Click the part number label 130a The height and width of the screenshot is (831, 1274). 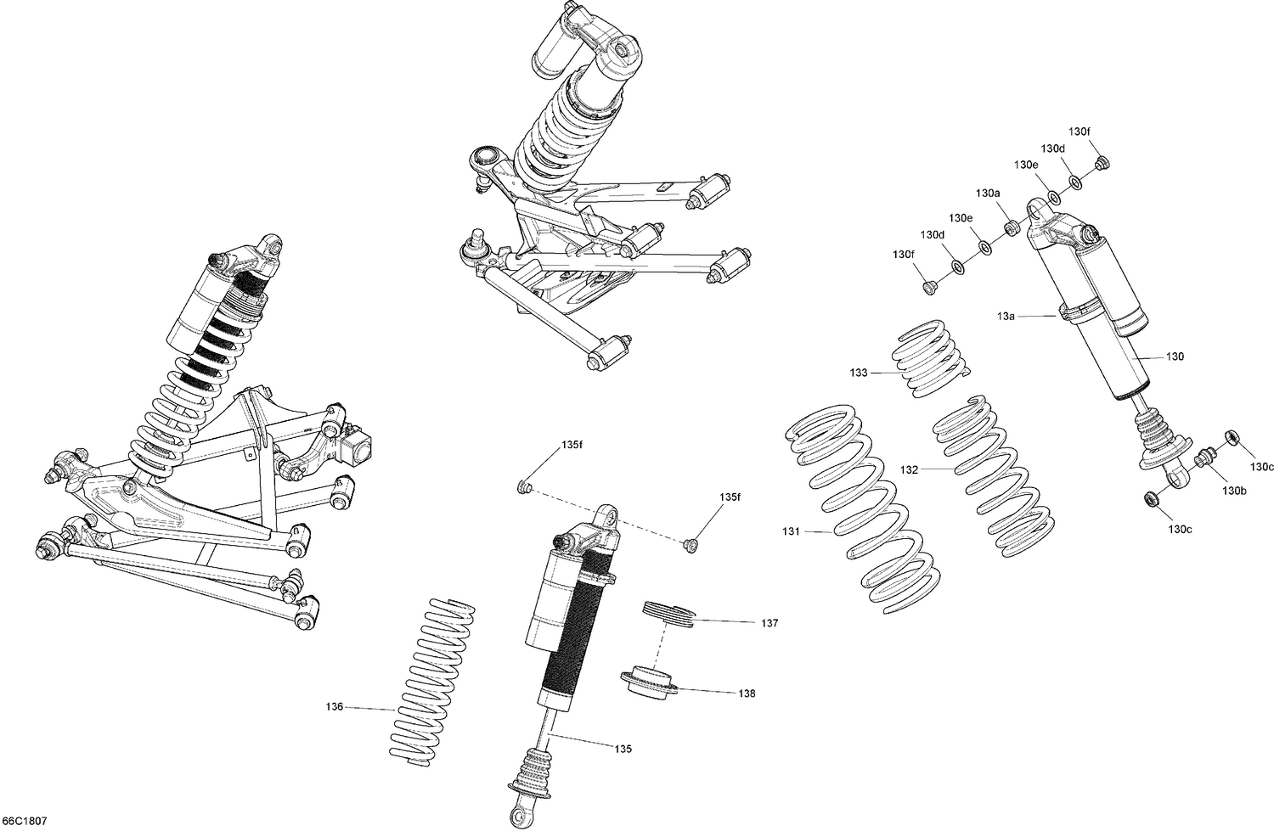tap(988, 194)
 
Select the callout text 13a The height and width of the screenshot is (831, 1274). tap(1006, 316)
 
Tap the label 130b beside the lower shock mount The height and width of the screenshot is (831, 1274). tap(1235, 491)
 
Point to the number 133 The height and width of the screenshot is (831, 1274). tap(859, 373)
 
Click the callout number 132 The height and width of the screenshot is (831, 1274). tap(910, 469)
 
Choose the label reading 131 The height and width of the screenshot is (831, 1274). tap(791, 531)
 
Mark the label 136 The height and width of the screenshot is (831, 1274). tap(335, 706)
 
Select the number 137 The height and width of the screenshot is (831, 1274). tap(769, 623)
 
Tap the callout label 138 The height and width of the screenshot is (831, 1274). tap(747, 693)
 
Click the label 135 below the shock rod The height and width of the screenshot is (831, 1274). tap(623, 749)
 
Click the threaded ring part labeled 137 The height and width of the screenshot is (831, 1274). tap(668, 613)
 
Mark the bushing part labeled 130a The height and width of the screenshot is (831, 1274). tap(1012, 228)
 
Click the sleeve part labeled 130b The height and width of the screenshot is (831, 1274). tap(1202, 459)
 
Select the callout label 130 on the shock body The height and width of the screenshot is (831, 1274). tap(1175, 357)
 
